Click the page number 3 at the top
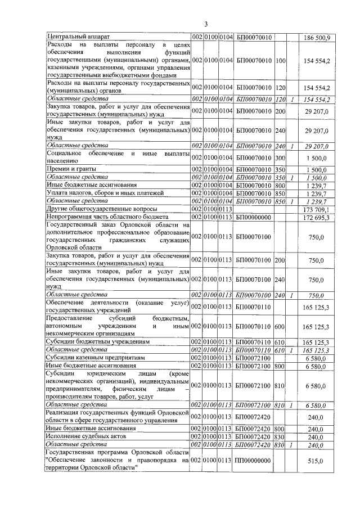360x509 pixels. pyautogui.click(x=206, y=24)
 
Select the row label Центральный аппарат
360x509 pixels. pyautogui.click(x=72, y=37)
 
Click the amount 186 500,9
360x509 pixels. pyautogui.click(x=318, y=37)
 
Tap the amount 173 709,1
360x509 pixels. pyautogui.click(x=318, y=209)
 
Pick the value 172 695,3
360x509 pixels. pyautogui.click(x=318, y=217)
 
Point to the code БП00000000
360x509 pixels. pyautogui.click(x=253, y=217)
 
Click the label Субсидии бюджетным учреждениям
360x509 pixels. pyautogui.click(x=97, y=341)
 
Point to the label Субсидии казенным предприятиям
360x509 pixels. pyautogui.click(x=96, y=357)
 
